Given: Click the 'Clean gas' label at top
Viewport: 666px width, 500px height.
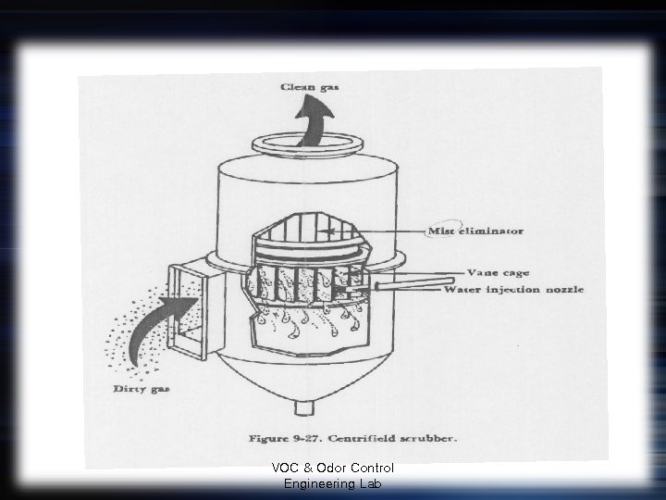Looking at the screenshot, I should (311, 87).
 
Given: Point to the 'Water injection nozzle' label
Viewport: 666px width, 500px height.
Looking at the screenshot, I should (514, 290).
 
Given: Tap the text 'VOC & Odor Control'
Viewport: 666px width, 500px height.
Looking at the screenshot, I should (333, 469).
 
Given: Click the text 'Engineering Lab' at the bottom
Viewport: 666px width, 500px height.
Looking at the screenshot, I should (333, 483).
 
